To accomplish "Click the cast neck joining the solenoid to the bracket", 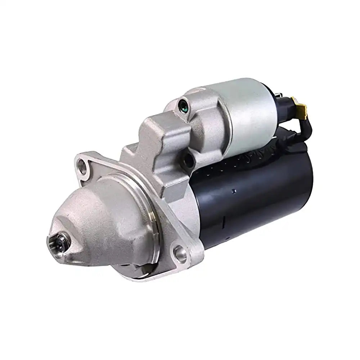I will (x=202, y=119).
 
